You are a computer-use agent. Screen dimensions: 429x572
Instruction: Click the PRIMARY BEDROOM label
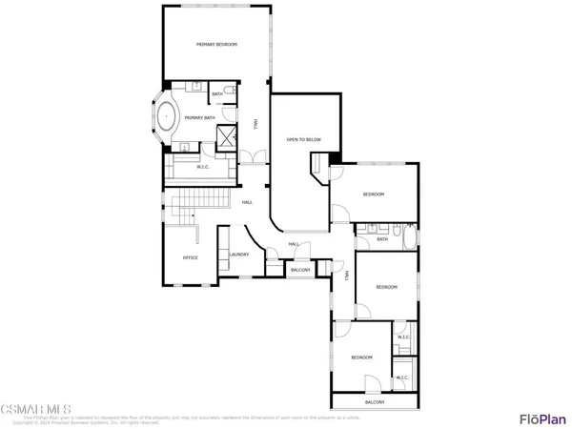[216, 45]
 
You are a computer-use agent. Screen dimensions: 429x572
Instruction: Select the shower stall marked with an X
[227, 135]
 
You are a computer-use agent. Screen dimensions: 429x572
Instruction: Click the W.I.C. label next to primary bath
[202, 168]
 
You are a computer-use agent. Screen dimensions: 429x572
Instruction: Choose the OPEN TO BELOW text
[303, 140]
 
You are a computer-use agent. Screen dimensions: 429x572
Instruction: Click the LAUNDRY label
[239, 255]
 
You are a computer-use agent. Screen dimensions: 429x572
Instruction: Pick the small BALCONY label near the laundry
[300, 271]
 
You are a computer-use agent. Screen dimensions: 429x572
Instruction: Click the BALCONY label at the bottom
[375, 402]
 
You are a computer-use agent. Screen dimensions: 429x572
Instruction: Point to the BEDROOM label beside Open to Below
[373, 194]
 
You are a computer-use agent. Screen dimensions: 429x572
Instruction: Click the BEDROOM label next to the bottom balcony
[359, 357]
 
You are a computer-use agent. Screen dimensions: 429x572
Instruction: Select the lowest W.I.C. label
[403, 378]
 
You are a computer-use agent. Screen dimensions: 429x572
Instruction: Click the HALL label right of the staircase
[247, 202]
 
